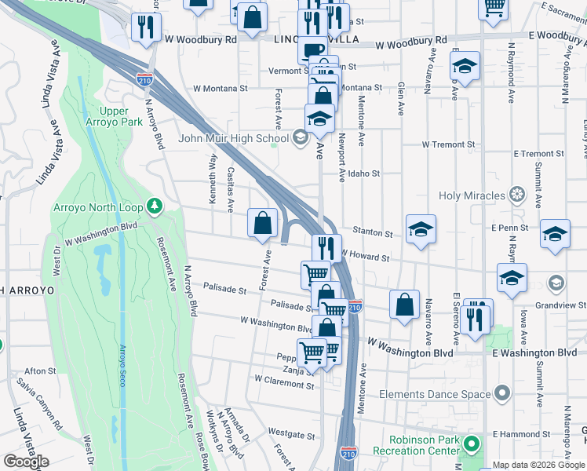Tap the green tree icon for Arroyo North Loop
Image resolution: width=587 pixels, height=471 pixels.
[x=155, y=206]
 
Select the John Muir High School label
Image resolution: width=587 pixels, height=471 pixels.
[x=233, y=139]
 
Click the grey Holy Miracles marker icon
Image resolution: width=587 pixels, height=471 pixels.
[x=516, y=194]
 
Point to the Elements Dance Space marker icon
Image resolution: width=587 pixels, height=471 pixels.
[x=502, y=393]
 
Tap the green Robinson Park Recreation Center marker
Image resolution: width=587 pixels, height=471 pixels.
[x=471, y=445]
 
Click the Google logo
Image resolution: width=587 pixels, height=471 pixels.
[x=26, y=461]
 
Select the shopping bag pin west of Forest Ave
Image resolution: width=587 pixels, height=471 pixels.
[x=262, y=223]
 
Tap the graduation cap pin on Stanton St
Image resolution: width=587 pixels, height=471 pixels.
[x=421, y=229]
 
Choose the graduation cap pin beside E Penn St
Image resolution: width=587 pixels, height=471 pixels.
[x=555, y=234]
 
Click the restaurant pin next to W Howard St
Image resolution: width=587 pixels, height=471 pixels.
[x=326, y=248]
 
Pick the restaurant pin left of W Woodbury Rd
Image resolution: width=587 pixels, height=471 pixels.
[x=145, y=28]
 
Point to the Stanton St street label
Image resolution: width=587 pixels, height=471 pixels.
[x=373, y=233]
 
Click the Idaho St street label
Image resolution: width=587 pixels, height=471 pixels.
[x=364, y=173]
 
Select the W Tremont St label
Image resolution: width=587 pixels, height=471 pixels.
[x=448, y=144]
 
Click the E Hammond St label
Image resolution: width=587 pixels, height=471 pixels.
[x=522, y=434]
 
